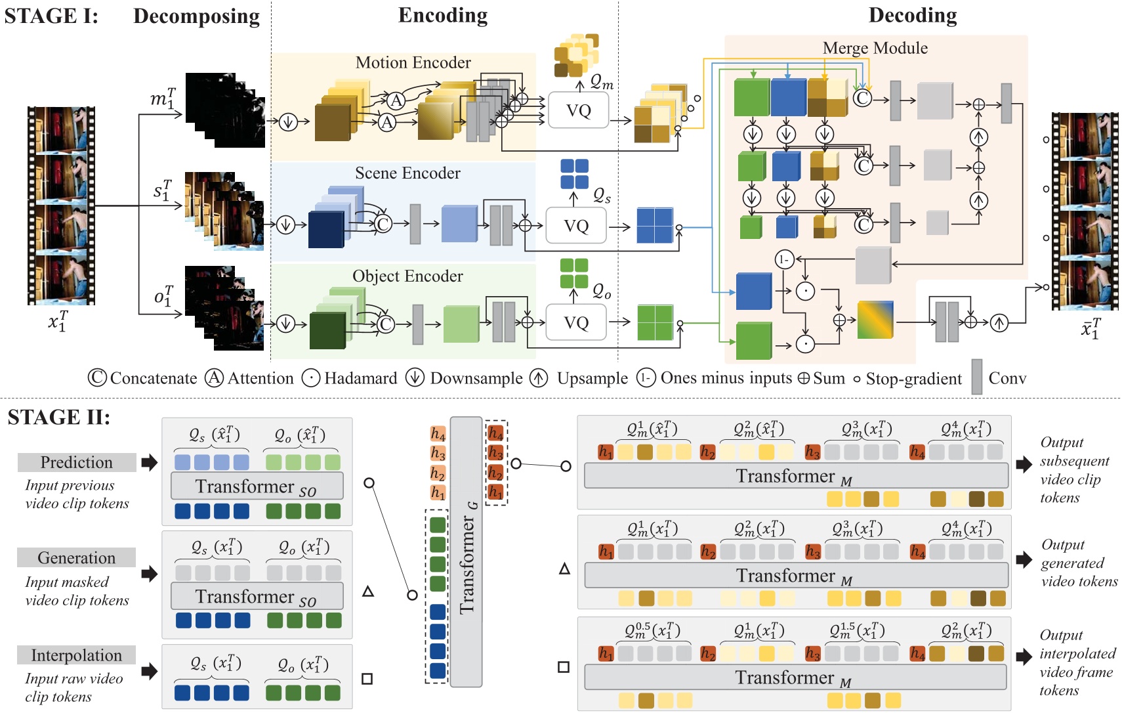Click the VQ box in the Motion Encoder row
point(578,110)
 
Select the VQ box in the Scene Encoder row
point(576,226)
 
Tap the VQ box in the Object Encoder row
point(576,322)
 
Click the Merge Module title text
point(875,48)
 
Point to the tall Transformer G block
point(467,551)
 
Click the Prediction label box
point(77,462)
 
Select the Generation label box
point(77,558)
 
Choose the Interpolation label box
point(77,655)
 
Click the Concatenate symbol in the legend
point(97,378)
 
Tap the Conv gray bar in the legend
point(976,377)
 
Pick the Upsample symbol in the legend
point(539,378)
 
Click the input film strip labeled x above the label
point(61,205)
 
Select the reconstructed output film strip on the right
point(1085,211)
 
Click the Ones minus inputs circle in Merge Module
point(784,259)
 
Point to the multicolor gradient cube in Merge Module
point(875,319)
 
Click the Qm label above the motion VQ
point(602,83)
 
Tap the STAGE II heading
point(58,418)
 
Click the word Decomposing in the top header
point(196,16)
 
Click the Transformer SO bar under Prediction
point(257,486)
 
